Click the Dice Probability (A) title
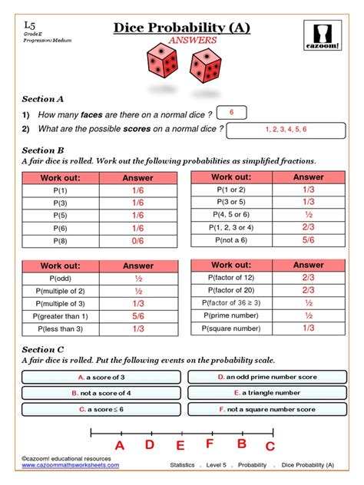182,28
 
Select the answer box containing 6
231,113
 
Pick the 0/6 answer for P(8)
137,242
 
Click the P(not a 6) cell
233,240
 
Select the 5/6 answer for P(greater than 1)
137,316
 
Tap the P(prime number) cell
233,315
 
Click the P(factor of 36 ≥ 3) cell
233,302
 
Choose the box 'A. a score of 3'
101,378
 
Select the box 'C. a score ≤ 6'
101,410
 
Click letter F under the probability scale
210,444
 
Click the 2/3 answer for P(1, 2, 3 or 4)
308,228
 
